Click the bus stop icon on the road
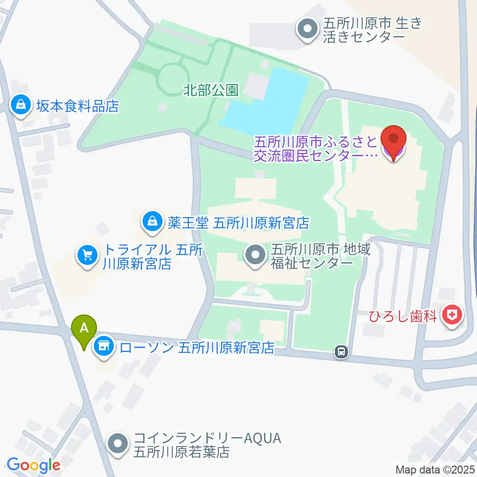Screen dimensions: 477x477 341,352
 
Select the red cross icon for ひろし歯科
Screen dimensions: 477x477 452,315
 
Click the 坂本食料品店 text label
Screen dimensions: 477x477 77,105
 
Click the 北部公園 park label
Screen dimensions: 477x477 211,90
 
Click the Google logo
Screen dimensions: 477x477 33,465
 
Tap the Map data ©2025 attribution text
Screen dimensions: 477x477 435,469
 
